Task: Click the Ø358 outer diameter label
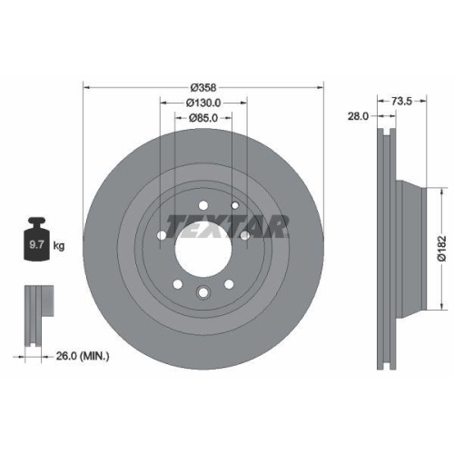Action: coord(203,87)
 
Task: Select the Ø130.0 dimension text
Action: coord(203,103)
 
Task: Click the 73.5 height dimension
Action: coord(402,102)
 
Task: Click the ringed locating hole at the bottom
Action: coord(203,291)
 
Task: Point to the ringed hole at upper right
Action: coord(235,206)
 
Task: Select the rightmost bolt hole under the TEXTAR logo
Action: coord(245,236)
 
